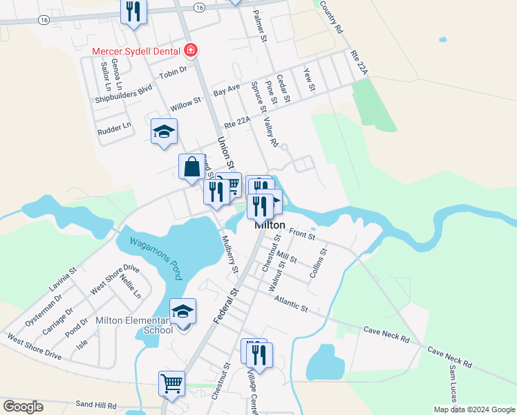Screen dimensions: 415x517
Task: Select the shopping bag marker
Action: click(191, 167)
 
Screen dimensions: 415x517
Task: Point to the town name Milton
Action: click(270, 225)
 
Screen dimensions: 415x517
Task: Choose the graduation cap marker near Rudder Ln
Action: click(164, 131)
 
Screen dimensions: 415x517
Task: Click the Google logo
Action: click(23, 406)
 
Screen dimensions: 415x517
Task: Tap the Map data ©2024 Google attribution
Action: click(474, 409)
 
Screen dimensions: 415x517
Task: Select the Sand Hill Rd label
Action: click(96, 404)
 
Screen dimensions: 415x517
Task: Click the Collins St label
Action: click(318, 264)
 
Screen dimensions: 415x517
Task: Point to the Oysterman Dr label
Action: click(44, 308)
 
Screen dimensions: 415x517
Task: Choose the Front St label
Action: click(302, 235)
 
